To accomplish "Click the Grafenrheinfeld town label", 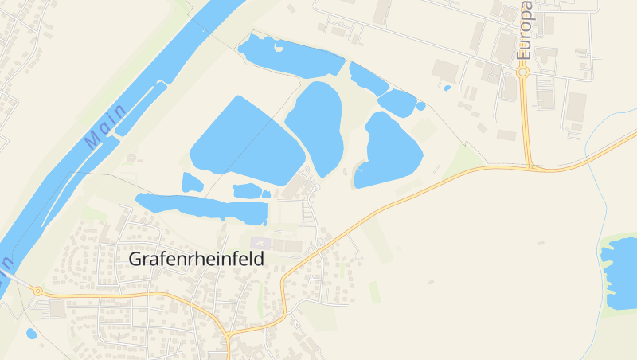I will pyautogui.click(x=196, y=260).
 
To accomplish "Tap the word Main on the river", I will pyautogui.click(x=105, y=126).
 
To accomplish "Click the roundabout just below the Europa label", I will pyautogui.click(x=523, y=72).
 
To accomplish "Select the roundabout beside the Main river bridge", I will pyautogui.click(x=37, y=291).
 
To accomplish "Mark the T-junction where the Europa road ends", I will pyautogui.click(x=530, y=167).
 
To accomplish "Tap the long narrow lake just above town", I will pyautogui.click(x=203, y=208).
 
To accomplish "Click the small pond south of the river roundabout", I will pyautogui.click(x=31, y=334).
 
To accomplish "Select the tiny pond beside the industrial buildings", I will pyautogui.click(x=447, y=88).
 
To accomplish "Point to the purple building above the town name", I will pyautogui.click(x=260, y=242).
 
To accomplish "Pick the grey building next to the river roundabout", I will pyautogui.click(x=57, y=308).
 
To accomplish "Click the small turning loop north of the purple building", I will pyautogui.click(x=316, y=187).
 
